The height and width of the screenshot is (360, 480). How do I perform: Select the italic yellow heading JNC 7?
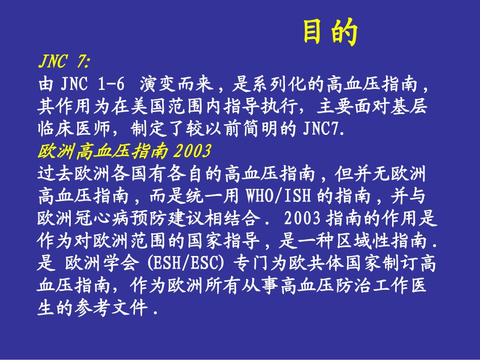64,62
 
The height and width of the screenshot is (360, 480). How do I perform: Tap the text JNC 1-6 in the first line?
92,84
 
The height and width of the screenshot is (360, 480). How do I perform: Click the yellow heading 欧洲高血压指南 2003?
124,151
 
